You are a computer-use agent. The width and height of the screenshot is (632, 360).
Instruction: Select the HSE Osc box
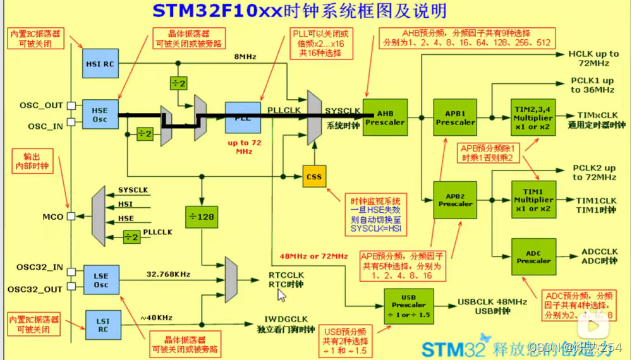pyautogui.click(x=100, y=115)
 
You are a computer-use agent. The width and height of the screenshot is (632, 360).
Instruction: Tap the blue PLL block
pyautogui.click(x=243, y=117)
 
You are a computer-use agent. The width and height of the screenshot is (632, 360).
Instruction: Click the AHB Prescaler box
pyautogui.click(x=385, y=117)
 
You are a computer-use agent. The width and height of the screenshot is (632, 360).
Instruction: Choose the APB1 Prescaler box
pyautogui.click(x=456, y=117)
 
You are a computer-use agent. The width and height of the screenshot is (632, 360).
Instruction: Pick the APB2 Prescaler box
pyautogui.click(x=456, y=200)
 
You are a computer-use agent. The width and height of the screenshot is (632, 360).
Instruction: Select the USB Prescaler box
pyautogui.click(x=409, y=306)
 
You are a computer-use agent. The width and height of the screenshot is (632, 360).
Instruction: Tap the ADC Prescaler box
pyautogui.click(x=533, y=256)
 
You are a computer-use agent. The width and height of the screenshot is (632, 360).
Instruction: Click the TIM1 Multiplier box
pyautogui.click(x=533, y=200)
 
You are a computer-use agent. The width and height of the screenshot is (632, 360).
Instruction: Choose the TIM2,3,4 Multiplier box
pyautogui.click(x=533, y=117)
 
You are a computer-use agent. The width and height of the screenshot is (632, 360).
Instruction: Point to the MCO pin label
pyautogui.click(x=52, y=217)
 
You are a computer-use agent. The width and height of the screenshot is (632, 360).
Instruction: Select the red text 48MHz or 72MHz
pyautogui.click(x=314, y=256)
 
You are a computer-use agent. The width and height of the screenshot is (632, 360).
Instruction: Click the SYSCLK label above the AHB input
pyautogui.click(x=343, y=111)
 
